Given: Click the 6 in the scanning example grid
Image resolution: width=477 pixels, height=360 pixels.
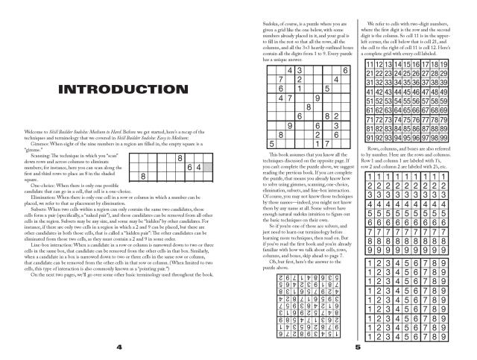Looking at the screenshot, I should (x=189, y=168).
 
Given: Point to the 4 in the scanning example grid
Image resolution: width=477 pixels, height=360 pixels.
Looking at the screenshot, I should (x=199, y=168).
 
